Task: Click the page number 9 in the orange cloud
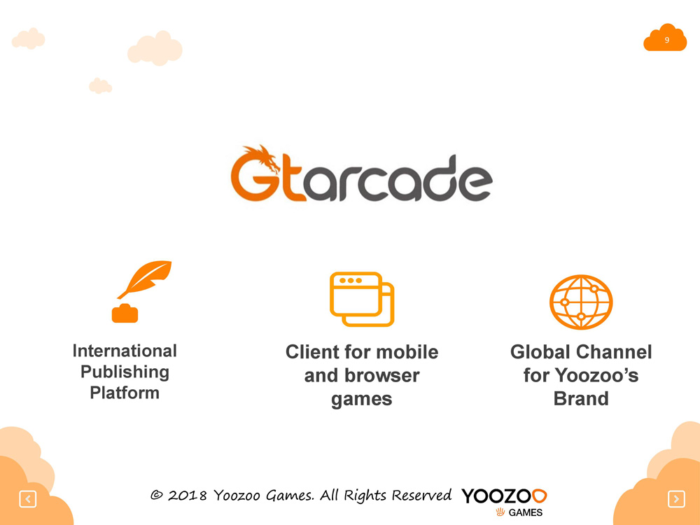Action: pyautogui.click(x=666, y=40)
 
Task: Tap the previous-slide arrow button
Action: pyautogui.click(x=28, y=498)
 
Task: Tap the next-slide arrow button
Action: pyautogui.click(x=676, y=498)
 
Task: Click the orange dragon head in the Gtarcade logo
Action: pyautogui.click(x=263, y=158)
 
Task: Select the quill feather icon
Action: pyautogui.click(x=144, y=279)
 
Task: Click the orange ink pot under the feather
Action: pyautogui.click(x=125, y=313)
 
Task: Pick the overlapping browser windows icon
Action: pyautogui.click(x=362, y=299)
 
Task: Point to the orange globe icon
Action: pyautogui.click(x=581, y=302)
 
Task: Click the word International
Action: pyautogui.click(x=125, y=351)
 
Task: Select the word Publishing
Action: pyautogui.click(x=125, y=372)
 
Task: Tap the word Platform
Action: pyautogui.click(x=125, y=393)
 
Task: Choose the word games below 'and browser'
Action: pyautogui.click(x=362, y=400)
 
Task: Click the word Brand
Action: pyautogui.click(x=581, y=399)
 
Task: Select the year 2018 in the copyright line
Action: pyautogui.click(x=187, y=496)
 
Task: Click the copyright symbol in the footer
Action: pyautogui.click(x=156, y=495)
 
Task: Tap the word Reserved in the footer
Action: pyautogui.click(x=422, y=495)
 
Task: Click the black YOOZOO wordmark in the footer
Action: pyautogui.click(x=504, y=496)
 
